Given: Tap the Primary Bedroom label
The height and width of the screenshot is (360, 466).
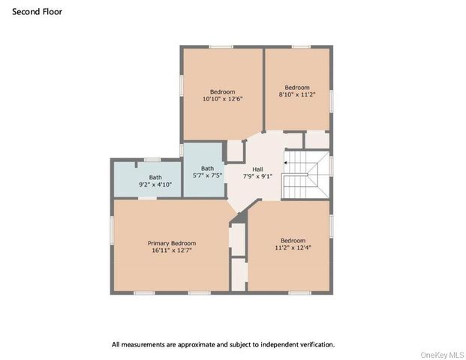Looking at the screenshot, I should (171, 243).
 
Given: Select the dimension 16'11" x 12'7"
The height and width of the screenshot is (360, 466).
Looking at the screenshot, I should (171, 250).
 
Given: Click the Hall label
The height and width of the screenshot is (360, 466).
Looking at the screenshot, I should (257, 169).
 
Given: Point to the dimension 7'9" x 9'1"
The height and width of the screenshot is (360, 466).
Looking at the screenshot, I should (257, 177).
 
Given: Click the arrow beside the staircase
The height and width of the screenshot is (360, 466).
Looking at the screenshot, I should (286, 160).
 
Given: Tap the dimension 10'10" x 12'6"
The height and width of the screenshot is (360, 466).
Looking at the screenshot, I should (222, 98).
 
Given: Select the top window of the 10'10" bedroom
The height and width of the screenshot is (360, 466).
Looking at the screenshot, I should (221, 46).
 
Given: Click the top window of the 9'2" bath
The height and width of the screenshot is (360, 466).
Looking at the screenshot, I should (152, 159).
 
